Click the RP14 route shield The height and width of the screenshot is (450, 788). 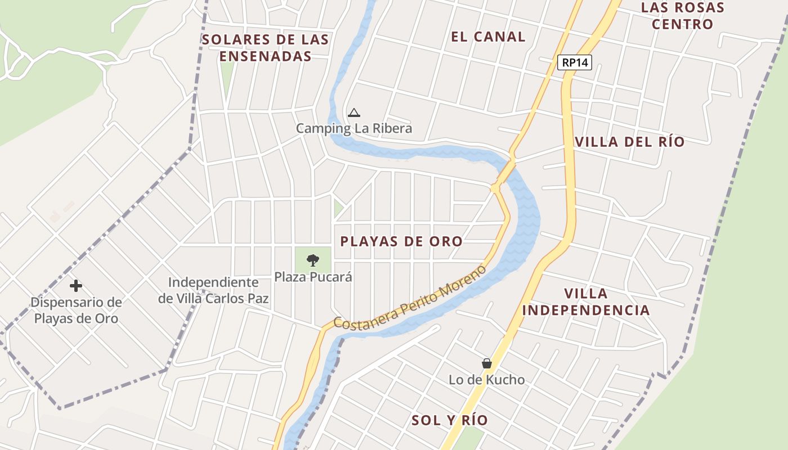tap(575, 62)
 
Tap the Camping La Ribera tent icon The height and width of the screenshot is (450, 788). tap(353, 113)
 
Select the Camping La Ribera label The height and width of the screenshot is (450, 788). tap(354, 128)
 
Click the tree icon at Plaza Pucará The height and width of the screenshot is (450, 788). tap(312, 260)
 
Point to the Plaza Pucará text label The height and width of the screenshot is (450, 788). tap(313, 277)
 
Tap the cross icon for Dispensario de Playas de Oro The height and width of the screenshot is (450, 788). tap(76, 286)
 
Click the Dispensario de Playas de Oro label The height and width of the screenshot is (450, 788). tap(76, 310)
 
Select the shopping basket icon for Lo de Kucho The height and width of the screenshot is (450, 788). tap(487, 364)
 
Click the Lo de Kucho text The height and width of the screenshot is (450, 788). tap(487, 380)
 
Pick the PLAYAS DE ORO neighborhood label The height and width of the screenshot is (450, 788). tap(401, 242)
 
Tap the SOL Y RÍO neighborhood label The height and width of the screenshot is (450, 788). tap(450, 420)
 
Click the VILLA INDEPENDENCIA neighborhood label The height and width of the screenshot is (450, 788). tap(586, 301)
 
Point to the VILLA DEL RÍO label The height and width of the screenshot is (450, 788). tap(630, 142)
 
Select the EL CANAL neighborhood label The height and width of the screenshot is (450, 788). tap(488, 37)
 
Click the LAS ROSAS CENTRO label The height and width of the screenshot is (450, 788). tap(683, 16)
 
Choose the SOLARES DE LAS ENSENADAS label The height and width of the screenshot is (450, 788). tap(266, 48)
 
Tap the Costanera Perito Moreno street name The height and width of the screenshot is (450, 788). tap(410, 298)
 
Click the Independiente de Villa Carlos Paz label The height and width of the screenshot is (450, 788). tap(213, 290)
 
